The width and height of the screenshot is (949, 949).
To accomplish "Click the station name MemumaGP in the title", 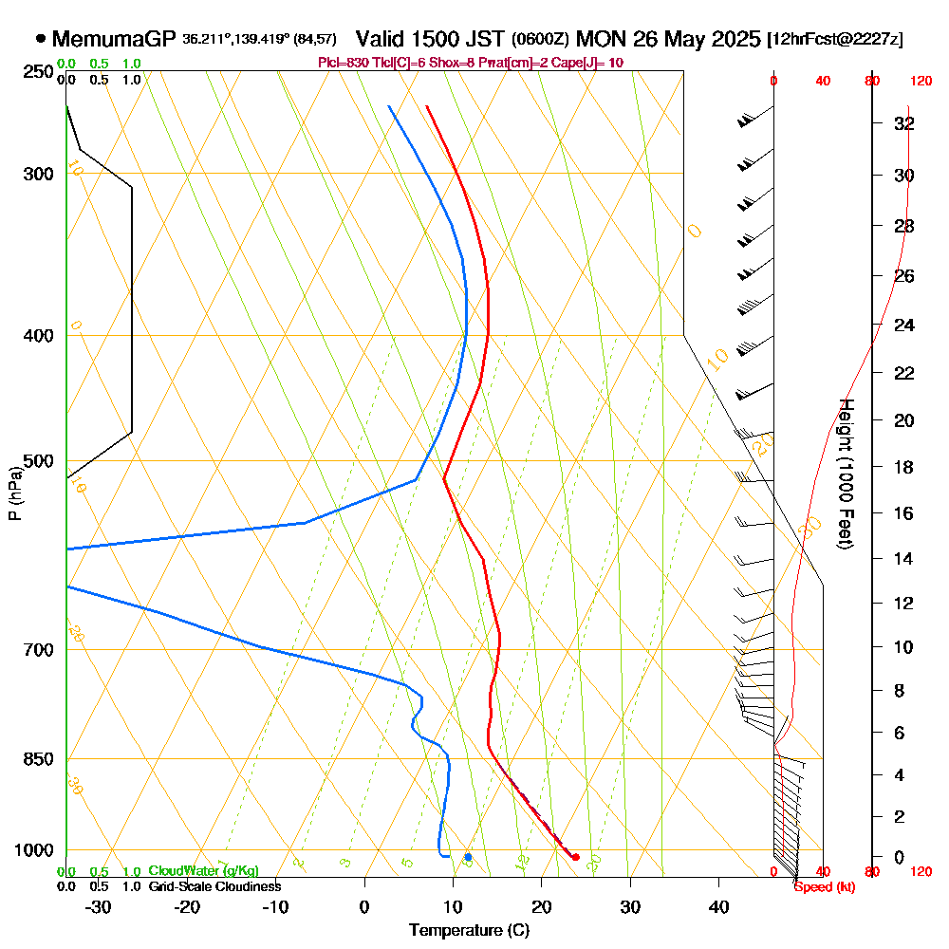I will point(114,39).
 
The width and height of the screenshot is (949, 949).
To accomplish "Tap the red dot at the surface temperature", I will point(575,857).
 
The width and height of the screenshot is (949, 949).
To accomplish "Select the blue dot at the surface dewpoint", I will point(468,857).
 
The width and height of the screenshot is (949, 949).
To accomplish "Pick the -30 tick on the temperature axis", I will point(99,906).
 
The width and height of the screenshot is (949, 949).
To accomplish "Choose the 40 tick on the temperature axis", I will point(719,906).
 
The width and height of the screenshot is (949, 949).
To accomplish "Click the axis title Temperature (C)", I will point(469,931).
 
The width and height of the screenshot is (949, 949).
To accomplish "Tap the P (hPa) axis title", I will point(14,493).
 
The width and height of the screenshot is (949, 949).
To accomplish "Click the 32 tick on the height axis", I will point(904,123).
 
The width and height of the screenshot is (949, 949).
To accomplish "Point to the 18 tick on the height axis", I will point(904,467).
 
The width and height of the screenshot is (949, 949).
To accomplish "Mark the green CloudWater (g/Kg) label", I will point(203,871).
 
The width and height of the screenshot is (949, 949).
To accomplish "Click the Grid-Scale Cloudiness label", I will point(214,886).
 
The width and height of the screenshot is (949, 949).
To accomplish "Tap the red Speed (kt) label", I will point(822,886).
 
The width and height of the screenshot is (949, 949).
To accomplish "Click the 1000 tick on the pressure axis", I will point(36,850).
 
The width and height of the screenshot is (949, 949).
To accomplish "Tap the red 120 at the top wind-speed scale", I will point(920,82).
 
